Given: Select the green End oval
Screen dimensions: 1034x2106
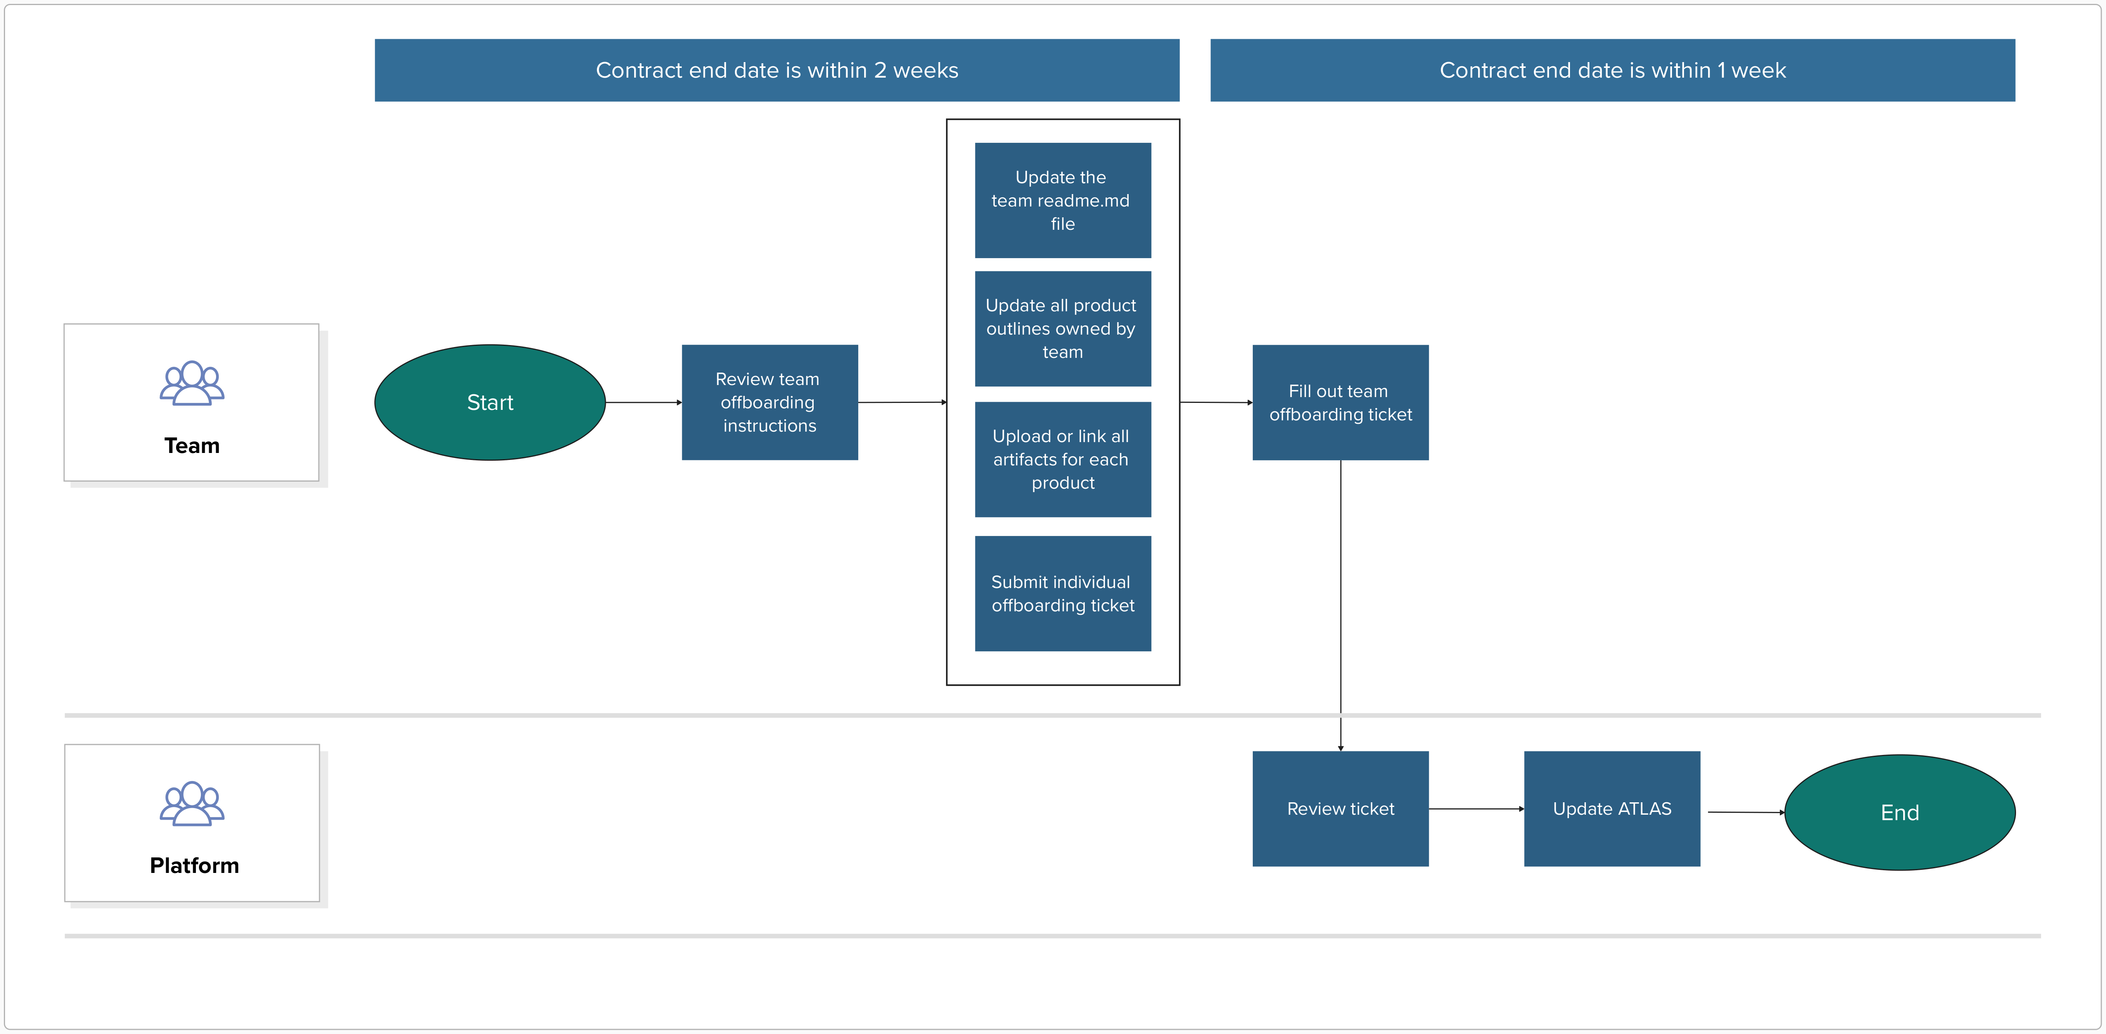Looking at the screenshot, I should [x=1899, y=812].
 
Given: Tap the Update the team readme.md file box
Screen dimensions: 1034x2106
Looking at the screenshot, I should [x=1062, y=200].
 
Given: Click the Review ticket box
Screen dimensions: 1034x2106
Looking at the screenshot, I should [x=1340, y=808].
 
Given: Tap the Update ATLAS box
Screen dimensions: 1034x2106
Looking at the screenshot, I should [x=1611, y=808].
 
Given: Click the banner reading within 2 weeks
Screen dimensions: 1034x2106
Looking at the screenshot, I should [x=777, y=70].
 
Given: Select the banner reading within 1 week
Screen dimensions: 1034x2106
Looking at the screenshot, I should [x=1612, y=70].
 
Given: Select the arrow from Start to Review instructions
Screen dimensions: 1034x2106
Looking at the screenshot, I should [x=643, y=402].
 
